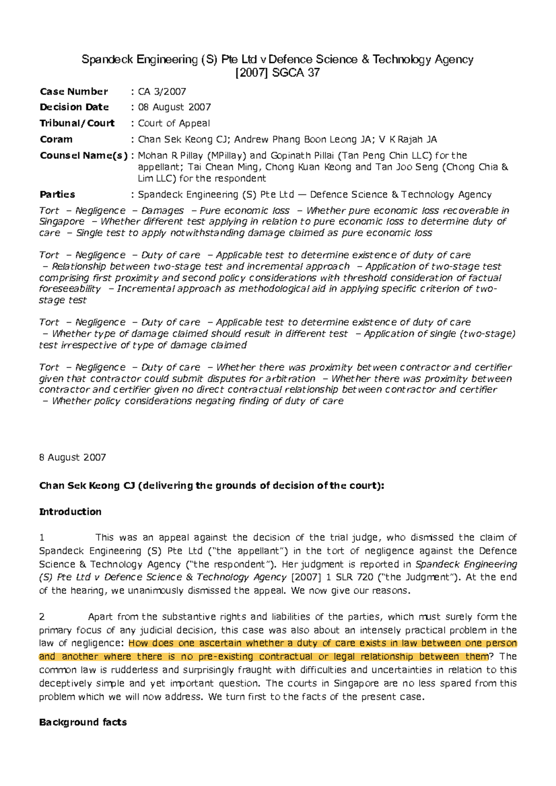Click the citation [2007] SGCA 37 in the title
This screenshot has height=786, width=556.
[278, 73]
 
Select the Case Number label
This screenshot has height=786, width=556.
[74, 91]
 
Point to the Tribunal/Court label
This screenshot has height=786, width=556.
[77, 123]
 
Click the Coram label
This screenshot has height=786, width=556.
[56, 139]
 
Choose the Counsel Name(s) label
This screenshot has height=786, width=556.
[83, 156]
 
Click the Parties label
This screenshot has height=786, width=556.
[57, 194]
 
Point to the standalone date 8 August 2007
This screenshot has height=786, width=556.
[73, 457]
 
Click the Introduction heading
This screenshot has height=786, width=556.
[70, 512]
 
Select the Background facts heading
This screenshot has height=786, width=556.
[83, 722]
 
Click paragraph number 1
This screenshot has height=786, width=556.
[42, 537]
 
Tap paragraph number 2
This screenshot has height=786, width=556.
[42, 617]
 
